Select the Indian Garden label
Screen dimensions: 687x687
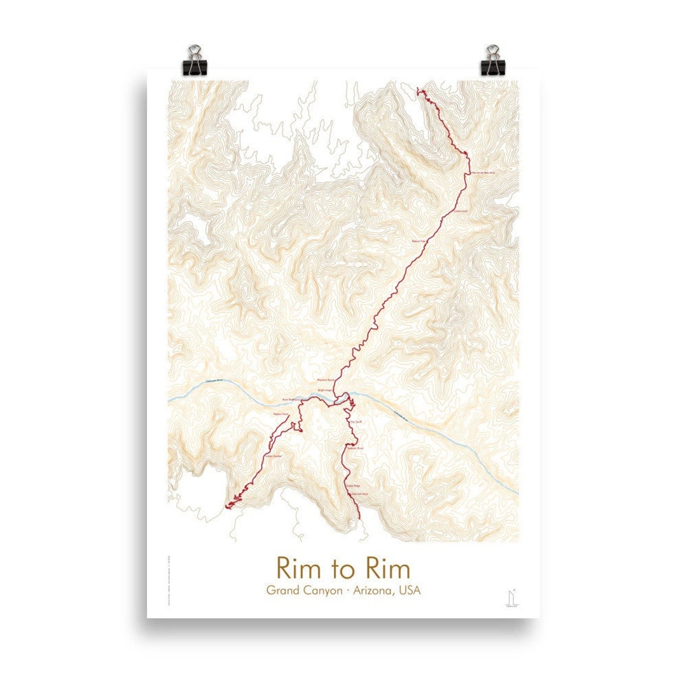[x=273, y=455]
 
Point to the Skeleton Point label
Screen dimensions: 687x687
[x=355, y=448]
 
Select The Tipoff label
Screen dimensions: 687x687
[x=355, y=420]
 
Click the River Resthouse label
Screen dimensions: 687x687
[x=289, y=400]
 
